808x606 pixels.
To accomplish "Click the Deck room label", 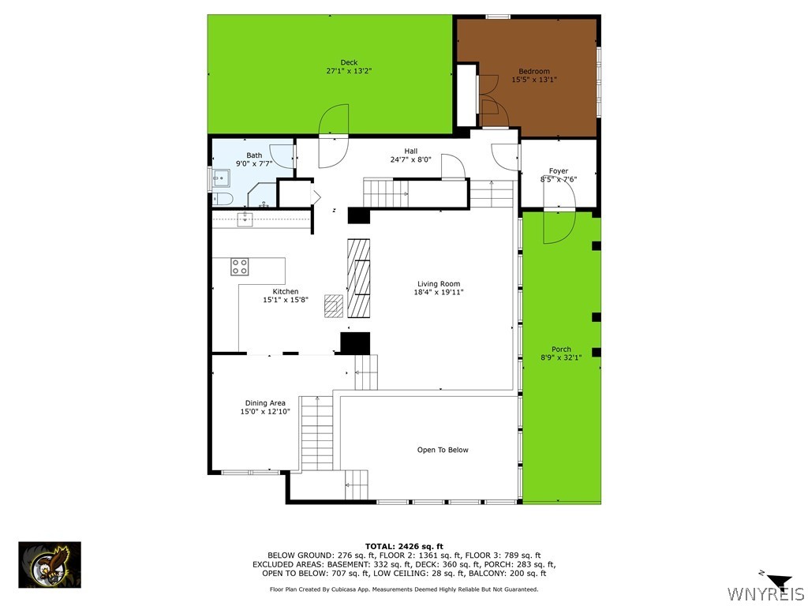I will point(349,62).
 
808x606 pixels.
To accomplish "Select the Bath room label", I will point(254,155).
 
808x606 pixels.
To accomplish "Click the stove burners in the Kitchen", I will point(240,267).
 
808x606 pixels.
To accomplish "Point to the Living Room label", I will point(439,284).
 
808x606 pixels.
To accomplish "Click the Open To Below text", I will point(443,450).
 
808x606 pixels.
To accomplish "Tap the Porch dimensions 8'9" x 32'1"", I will point(561,357).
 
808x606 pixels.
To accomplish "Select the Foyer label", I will point(559,171).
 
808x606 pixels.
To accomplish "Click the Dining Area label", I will point(265,403).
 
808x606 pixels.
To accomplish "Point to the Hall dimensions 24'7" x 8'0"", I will point(410,159).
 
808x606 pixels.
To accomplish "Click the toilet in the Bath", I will point(223,198).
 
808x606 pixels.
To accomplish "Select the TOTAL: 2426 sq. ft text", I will point(404,546).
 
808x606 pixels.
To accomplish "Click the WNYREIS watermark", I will point(765,593).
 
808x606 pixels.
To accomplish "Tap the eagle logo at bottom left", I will point(49,564).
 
